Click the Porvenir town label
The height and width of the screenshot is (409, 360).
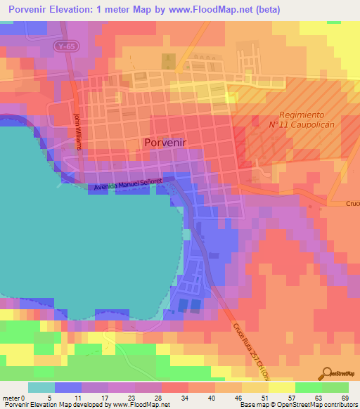pos(166,142)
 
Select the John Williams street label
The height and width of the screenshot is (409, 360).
pos(78,131)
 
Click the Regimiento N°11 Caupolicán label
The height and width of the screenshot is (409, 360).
pos(309,119)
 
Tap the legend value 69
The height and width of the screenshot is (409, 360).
pos(345,397)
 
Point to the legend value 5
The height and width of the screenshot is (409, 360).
pos(49,397)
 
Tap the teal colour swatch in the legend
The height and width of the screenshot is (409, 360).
pos(41,387)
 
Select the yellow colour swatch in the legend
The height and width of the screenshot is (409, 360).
pos(281,387)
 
